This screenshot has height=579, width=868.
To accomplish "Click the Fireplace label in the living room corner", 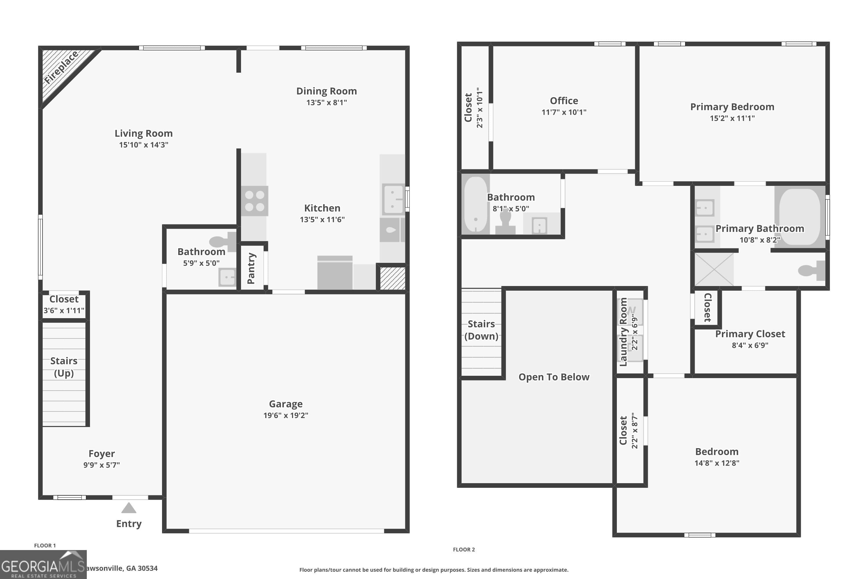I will (x=61, y=67).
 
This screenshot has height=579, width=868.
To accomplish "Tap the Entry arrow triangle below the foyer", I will (x=129, y=508).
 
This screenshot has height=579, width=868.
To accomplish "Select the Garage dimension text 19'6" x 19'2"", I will (x=286, y=415).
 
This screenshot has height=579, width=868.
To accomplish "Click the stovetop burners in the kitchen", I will (x=255, y=201).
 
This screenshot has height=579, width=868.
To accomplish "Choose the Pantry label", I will (x=251, y=268).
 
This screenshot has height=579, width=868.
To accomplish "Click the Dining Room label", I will (x=326, y=91).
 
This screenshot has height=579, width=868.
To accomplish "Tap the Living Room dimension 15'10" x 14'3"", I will (x=144, y=145).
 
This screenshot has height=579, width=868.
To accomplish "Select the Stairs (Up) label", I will (x=64, y=367).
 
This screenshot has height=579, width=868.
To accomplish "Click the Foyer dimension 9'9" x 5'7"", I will (x=102, y=465).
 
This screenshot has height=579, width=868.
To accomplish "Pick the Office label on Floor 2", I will (x=564, y=101).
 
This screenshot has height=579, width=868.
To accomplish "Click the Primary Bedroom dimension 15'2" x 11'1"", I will (x=732, y=118).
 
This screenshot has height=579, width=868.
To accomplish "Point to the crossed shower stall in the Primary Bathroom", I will (x=714, y=269).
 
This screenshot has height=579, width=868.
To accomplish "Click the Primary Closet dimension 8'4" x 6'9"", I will (x=750, y=345).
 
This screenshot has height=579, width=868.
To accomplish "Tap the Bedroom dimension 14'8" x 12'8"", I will (x=717, y=463).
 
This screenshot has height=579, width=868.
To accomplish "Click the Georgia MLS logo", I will (x=43, y=565).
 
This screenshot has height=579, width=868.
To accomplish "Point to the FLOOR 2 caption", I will (x=464, y=549).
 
